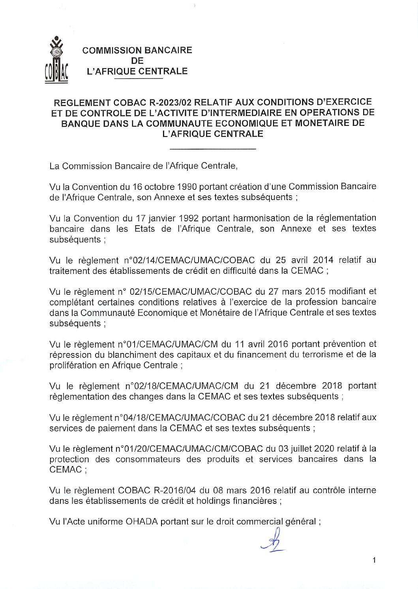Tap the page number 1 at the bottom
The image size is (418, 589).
click(374, 560)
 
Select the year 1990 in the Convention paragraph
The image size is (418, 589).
click(187, 187)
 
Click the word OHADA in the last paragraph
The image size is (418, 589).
click(142, 522)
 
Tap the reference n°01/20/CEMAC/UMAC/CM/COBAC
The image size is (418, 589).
click(189, 449)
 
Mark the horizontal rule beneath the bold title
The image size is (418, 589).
click(213, 149)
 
